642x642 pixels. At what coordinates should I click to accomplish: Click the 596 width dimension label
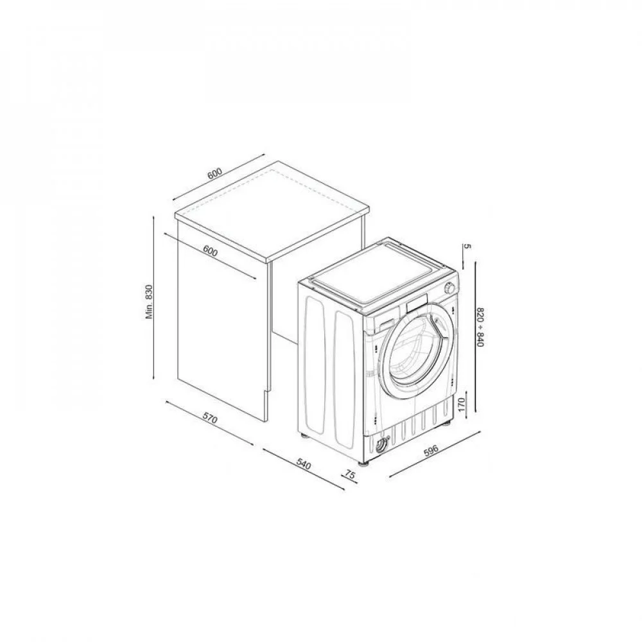point(431,450)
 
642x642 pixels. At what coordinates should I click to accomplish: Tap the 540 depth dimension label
point(304,464)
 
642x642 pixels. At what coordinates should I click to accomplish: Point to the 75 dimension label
point(350,474)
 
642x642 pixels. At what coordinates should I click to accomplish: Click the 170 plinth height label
point(462,404)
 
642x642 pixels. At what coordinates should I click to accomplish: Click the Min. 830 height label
point(149,302)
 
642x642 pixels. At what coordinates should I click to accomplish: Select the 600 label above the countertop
point(214,173)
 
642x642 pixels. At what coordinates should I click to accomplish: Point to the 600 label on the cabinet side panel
point(210,252)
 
